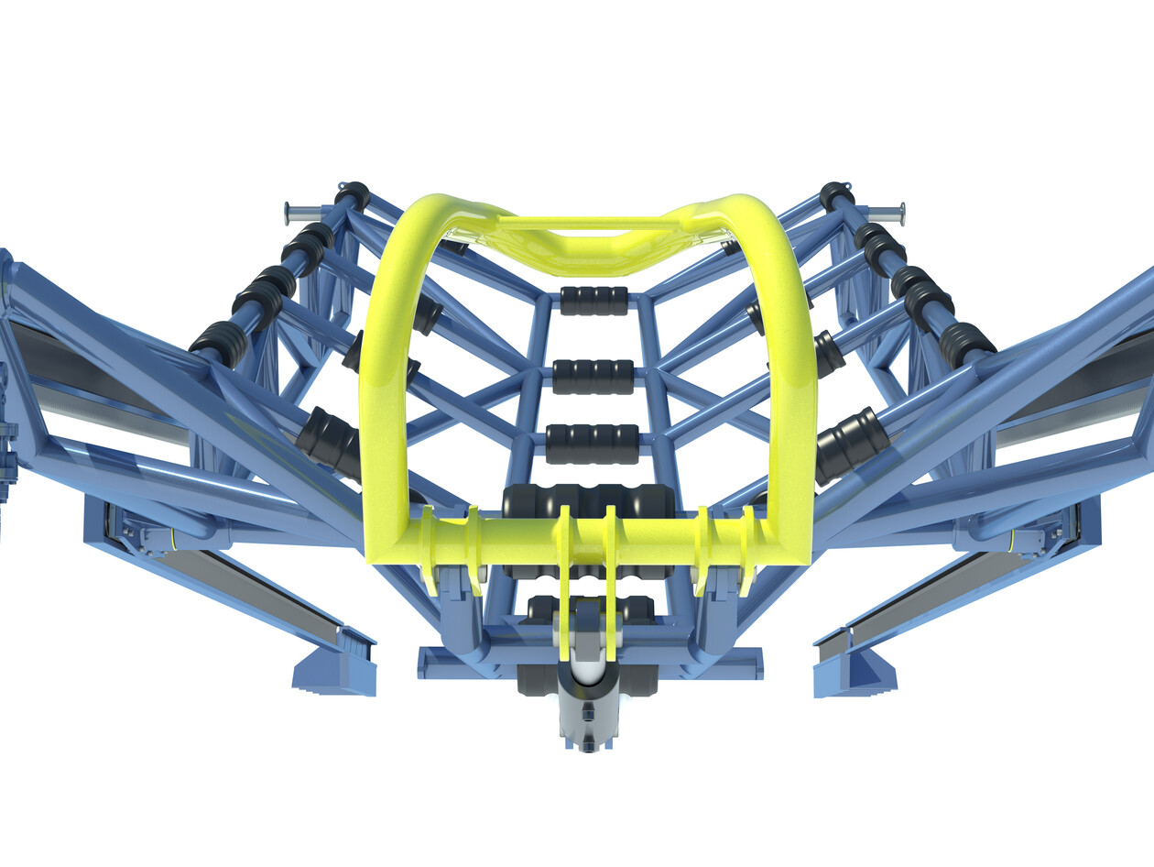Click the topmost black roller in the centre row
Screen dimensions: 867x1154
pyautogui.click(x=593, y=301)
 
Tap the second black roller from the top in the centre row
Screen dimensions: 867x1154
pyautogui.click(x=593, y=376)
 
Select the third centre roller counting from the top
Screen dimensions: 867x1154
pyautogui.click(x=593, y=444)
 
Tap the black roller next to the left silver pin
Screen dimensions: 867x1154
pyautogui.click(x=352, y=195)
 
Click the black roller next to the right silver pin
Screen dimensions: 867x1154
pyautogui.click(x=836, y=195)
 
